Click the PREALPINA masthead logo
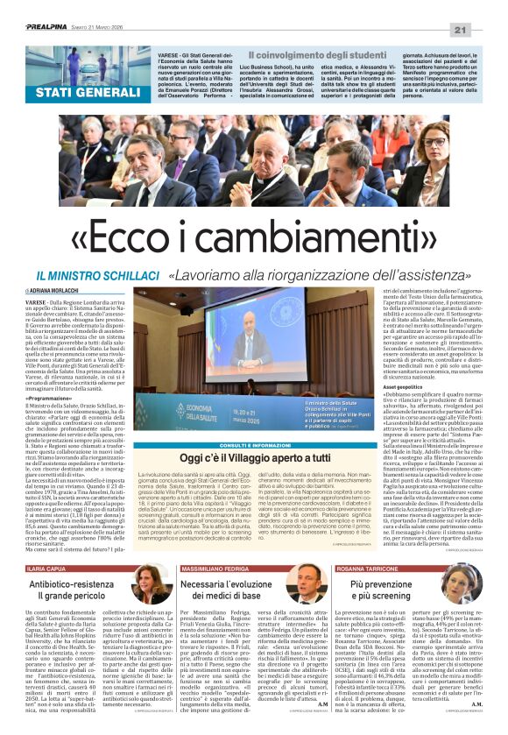coord(37,27)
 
